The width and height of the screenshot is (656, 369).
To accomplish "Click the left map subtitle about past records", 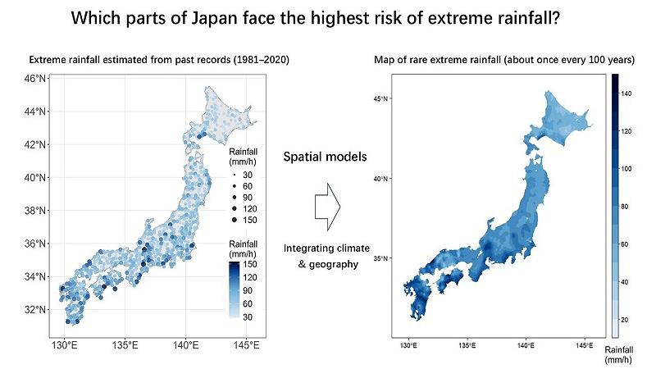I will pos(159,60).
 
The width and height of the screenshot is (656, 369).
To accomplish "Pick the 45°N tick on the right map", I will pos(380,99).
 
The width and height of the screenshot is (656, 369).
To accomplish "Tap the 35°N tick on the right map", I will pos(380,258).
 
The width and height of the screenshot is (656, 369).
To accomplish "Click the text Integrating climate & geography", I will pos(326,256).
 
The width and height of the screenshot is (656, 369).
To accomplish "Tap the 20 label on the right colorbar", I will pos(626,319).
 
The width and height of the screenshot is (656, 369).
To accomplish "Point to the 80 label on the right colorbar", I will pos(626,206).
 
